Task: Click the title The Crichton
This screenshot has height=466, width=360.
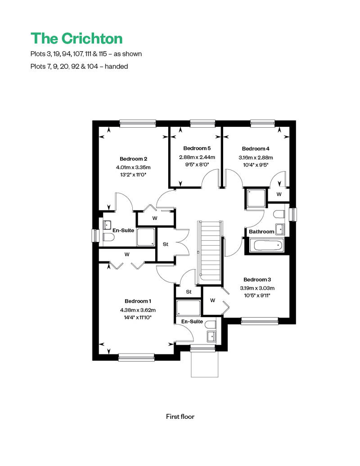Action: click(76, 38)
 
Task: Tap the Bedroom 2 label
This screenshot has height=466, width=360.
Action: click(134, 159)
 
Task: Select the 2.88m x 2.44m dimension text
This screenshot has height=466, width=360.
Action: click(197, 157)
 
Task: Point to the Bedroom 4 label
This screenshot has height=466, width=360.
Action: click(256, 148)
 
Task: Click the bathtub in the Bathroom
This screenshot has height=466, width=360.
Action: click(267, 246)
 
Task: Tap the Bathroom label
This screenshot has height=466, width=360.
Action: click(261, 232)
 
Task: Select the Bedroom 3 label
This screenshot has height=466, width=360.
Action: click(257, 279)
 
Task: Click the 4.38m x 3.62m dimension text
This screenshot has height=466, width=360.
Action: click(138, 310)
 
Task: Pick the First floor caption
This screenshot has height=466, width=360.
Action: click(180, 417)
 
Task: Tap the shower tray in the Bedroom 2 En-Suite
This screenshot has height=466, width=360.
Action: click(146, 237)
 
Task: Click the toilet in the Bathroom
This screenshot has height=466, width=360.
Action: click(279, 214)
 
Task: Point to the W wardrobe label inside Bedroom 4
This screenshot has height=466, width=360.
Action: click(279, 194)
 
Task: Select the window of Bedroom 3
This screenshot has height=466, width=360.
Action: click(260, 321)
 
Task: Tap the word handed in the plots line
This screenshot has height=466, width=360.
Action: click(116, 66)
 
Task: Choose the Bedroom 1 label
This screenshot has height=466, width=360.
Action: click(138, 301)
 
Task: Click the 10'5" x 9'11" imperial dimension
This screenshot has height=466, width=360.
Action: click(257, 296)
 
